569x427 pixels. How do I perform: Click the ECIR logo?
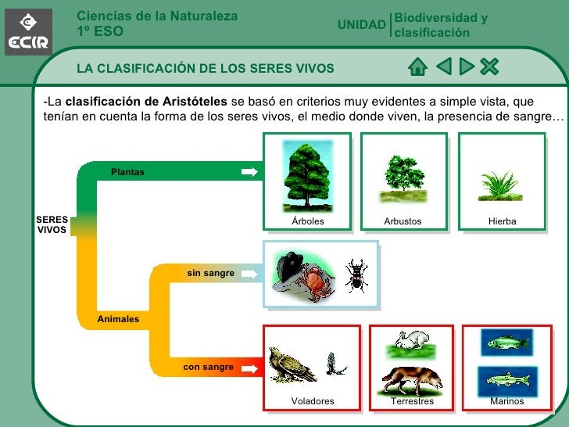point(29,32)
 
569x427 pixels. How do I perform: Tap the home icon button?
point(418,66)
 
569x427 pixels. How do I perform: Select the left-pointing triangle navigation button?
point(444,66)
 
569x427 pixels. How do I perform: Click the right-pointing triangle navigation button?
point(467,66)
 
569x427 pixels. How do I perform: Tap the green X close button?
point(489,66)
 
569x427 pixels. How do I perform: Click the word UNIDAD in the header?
point(361,25)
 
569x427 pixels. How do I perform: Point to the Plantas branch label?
point(127,172)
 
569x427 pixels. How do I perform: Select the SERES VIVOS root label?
point(52,225)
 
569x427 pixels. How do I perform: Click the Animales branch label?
point(118,319)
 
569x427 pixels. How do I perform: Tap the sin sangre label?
point(210,273)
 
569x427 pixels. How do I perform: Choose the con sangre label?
point(208,367)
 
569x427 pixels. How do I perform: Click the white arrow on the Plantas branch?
point(249,172)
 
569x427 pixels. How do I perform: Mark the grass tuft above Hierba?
point(500,186)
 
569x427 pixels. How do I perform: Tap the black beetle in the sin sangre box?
point(356,274)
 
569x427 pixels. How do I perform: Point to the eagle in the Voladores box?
point(290,364)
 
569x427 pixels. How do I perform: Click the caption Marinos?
point(506,401)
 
